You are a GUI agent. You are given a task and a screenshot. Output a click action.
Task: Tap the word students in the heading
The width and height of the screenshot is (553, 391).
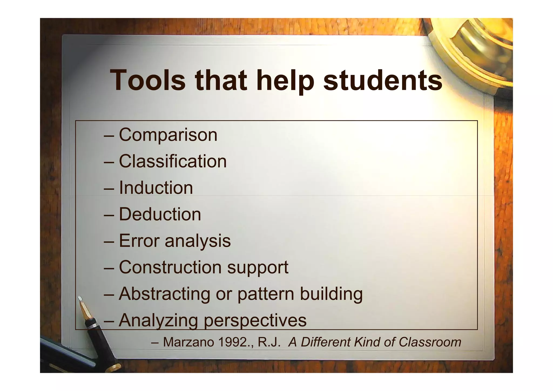[383, 81]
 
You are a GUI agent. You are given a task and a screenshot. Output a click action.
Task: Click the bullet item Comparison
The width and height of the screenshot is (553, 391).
[168, 135]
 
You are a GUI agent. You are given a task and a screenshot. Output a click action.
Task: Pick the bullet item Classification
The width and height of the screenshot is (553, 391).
[173, 161]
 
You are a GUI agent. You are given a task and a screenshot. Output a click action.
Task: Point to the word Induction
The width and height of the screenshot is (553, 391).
[156, 188]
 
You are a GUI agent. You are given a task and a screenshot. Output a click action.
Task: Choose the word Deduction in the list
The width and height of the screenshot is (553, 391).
[160, 214]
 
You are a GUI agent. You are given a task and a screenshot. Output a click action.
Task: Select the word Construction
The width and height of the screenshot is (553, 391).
[170, 267]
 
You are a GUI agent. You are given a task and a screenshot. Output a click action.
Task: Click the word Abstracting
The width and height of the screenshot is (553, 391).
[164, 294]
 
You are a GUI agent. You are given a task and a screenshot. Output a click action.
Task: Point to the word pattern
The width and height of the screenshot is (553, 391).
[266, 294]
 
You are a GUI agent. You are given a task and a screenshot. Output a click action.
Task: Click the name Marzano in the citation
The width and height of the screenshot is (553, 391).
[188, 342]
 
